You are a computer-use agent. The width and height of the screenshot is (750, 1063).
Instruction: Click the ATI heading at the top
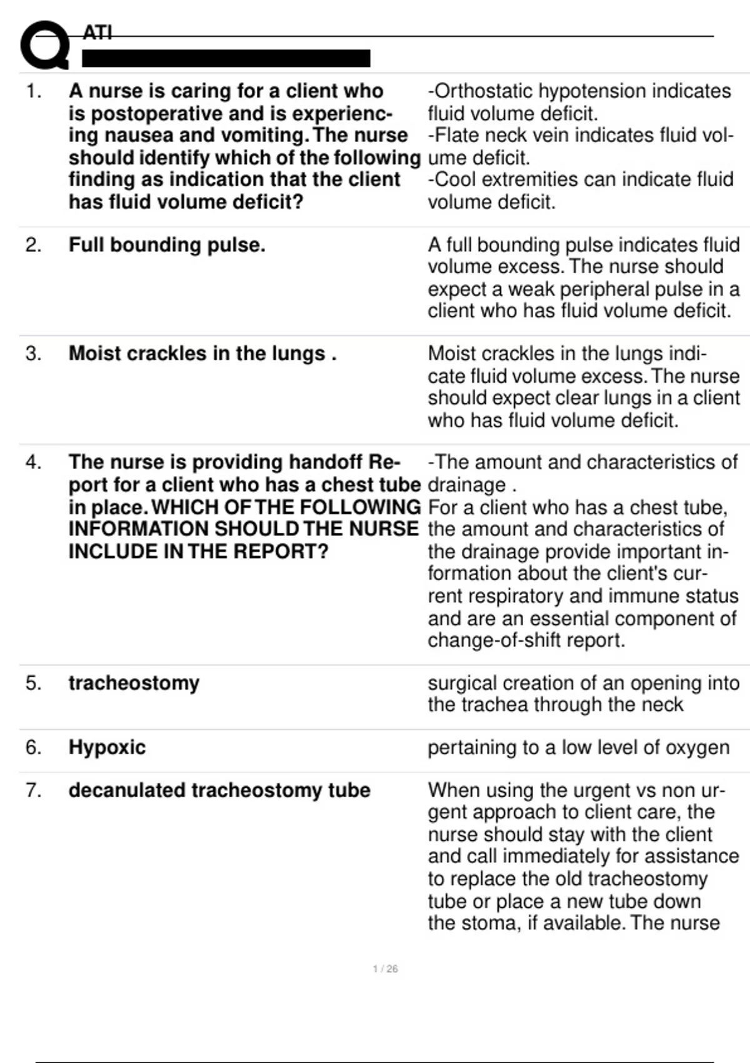tap(97, 32)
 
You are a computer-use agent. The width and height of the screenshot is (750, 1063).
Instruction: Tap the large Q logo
tap(44, 45)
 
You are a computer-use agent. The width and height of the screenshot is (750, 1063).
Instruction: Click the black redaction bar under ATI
tap(226, 59)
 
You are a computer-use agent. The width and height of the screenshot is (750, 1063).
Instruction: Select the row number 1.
tap(34, 91)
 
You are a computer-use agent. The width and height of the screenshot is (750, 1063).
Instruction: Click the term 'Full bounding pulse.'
tap(167, 245)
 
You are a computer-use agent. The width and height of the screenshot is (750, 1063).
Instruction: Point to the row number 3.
tap(34, 354)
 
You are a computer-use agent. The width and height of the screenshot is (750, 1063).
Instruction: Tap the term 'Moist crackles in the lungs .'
tap(202, 354)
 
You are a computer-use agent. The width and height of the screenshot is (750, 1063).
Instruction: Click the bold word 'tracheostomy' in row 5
tap(134, 683)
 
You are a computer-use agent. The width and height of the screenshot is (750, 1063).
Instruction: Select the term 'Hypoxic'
tap(107, 747)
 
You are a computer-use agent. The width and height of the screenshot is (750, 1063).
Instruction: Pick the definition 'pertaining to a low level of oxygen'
tap(578, 747)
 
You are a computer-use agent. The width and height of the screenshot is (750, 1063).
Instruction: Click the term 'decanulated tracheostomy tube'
tap(219, 790)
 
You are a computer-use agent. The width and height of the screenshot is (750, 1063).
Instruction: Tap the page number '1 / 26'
tap(385, 969)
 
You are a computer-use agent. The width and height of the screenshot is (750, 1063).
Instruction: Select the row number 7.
tap(34, 790)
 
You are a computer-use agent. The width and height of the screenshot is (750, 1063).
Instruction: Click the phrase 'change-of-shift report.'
tap(526, 640)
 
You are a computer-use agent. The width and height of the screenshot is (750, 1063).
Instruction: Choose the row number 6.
tap(34, 747)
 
